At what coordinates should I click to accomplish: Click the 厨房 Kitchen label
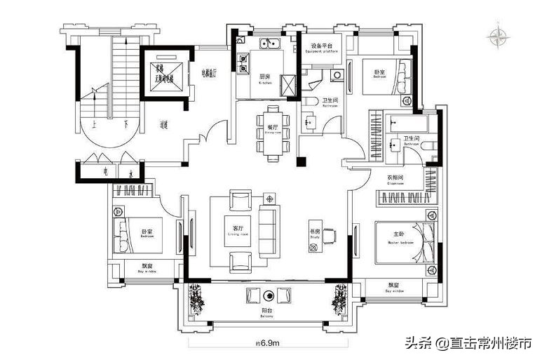pyautogui.click(x=265, y=79)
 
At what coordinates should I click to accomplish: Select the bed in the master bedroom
pyautogui.click(x=402, y=241)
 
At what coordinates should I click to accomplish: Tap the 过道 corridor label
pyautogui.click(x=163, y=125)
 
